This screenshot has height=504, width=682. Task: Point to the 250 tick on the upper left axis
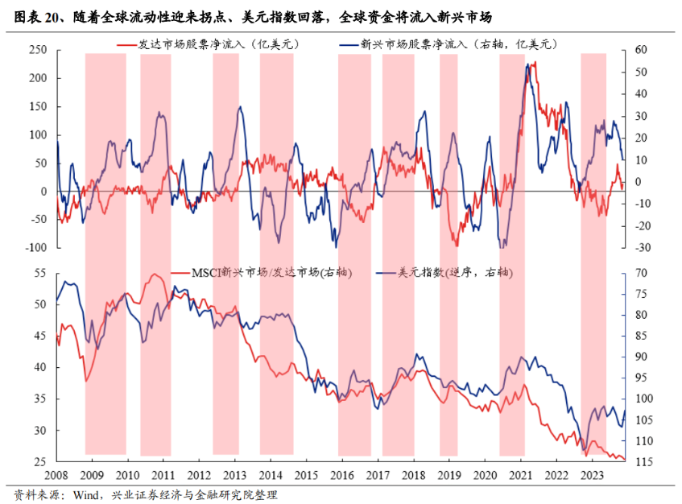(39, 51)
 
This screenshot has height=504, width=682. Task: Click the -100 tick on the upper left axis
(36, 248)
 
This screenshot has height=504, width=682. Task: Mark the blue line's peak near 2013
(240, 106)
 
